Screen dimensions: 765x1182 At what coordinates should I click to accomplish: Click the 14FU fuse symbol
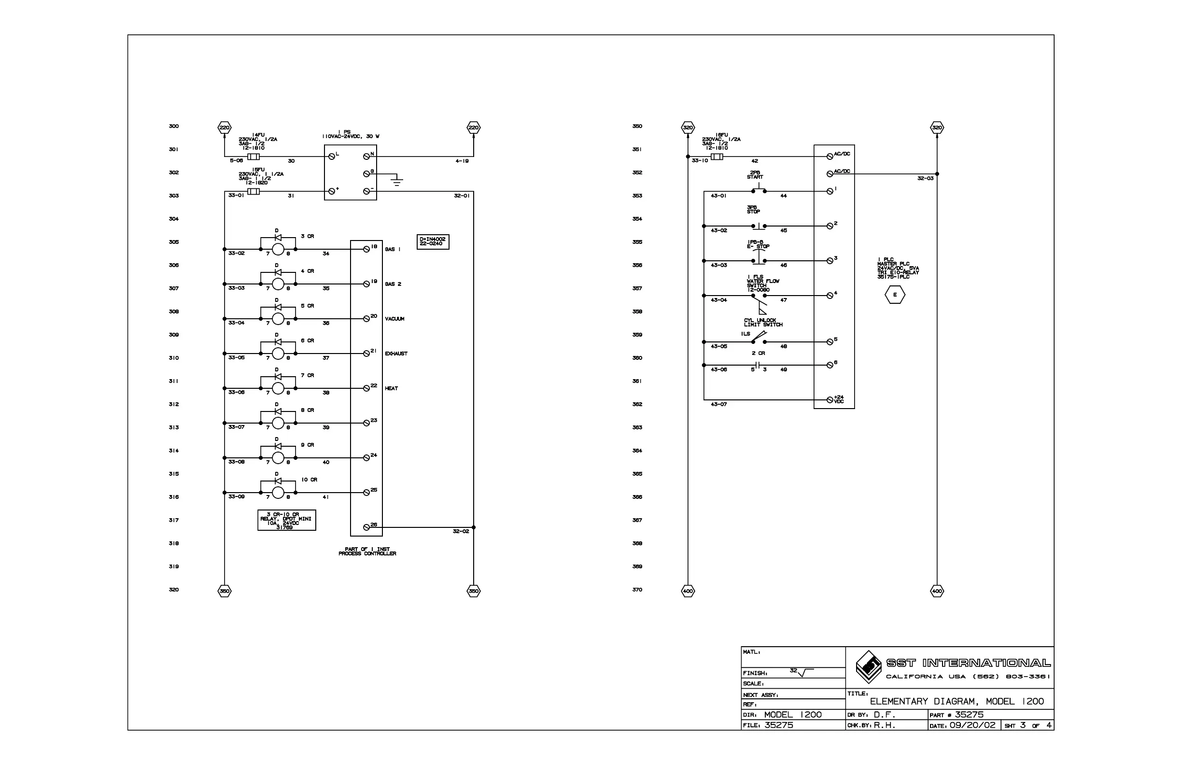pos(253,157)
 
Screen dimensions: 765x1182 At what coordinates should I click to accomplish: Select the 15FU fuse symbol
pos(253,192)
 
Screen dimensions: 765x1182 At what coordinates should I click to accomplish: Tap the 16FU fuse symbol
pos(717,157)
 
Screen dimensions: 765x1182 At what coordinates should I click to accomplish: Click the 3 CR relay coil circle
pos(278,249)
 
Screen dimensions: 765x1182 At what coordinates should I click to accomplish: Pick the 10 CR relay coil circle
pos(278,493)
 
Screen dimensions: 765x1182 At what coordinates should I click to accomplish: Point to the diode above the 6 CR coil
pos(278,342)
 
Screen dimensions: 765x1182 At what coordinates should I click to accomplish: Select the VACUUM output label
pos(394,319)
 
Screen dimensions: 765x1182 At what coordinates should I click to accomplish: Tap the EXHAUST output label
pos(396,354)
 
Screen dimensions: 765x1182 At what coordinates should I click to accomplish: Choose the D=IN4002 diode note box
pos(433,241)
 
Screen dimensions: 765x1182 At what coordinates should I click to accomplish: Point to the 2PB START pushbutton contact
pos(759,190)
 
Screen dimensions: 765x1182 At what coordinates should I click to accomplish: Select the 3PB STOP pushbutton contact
pos(759,226)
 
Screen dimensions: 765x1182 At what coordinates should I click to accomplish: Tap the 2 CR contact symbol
pos(758,366)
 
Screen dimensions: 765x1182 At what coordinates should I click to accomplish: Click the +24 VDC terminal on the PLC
pos(830,400)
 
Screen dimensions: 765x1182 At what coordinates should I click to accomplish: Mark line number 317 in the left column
pos(173,520)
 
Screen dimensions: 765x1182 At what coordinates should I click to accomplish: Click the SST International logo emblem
pos(869,666)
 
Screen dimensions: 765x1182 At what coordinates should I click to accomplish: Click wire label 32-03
pos(925,178)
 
